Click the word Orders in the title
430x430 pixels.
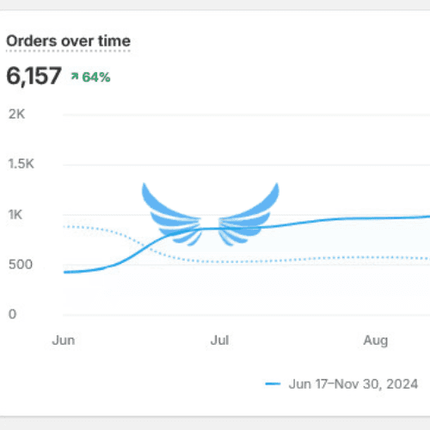coord(32,41)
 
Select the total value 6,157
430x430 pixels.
coord(34,76)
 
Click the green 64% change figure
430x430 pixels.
coord(96,77)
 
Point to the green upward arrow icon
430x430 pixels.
coord(75,77)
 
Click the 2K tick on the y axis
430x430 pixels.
coord(16,114)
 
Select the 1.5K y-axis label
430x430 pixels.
coord(21,164)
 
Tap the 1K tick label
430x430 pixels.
coord(15,214)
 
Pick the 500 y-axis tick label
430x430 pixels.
coord(21,264)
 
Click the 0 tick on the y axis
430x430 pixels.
coord(12,314)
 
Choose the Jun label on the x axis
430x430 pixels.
coord(64,341)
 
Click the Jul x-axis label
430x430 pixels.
coord(219,341)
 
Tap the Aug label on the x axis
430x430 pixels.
coord(376,341)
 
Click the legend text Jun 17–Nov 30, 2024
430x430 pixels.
coord(353,384)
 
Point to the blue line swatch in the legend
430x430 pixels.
coord(273,384)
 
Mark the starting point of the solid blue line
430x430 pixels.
coord(64,272)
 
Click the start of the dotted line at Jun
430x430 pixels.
coord(64,227)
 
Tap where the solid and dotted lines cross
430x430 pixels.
coord(145,246)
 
